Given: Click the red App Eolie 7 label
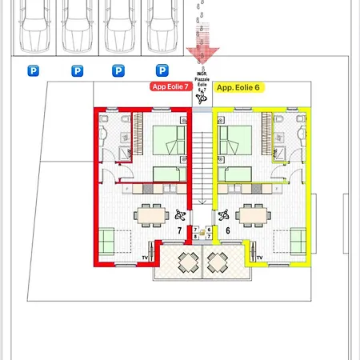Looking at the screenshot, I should [x=170, y=86].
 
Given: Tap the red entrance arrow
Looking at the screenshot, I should [x=203, y=52].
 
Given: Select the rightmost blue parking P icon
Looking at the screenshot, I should [x=162, y=70].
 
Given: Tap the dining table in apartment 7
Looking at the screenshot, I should [x=150, y=215].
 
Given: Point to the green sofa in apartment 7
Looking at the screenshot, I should [x=106, y=240].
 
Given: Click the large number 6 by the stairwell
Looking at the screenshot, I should [x=228, y=230].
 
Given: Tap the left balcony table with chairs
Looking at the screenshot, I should [x=189, y=262].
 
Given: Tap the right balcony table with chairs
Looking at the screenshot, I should [x=218, y=262].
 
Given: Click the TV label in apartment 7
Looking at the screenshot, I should [x=146, y=256].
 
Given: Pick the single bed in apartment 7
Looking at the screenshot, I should [x=168, y=174].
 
